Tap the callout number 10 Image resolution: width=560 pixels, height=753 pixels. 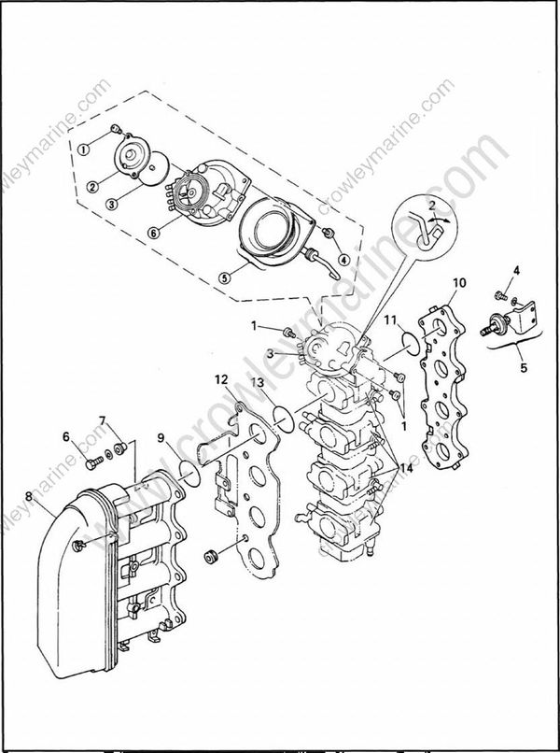pyautogui.click(x=458, y=281)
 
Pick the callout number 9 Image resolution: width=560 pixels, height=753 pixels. pyautogui.click(x=161, y=437)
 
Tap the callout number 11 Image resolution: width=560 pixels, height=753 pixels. pyautogui.click(x=392, y=320)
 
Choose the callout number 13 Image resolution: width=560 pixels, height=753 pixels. pyautogui.click(x=257, y=383)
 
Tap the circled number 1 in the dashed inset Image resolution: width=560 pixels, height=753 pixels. pyautogui.click(x=83, y=149)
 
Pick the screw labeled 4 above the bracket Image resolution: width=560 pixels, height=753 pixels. pyautogui.click(x=514, y=297)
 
